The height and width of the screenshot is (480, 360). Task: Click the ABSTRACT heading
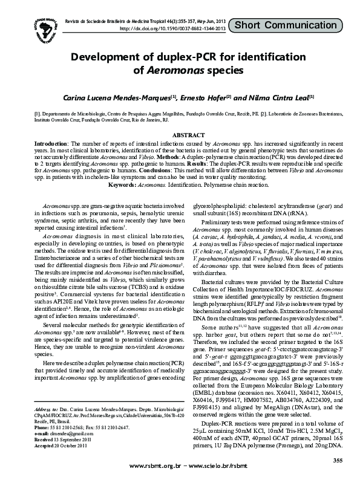[x=180, y=136]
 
